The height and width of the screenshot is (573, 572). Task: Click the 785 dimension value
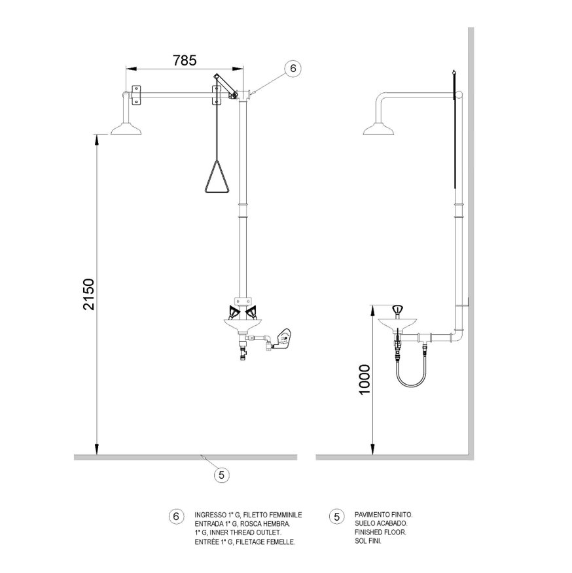pyautogui.click(x=185, y=60)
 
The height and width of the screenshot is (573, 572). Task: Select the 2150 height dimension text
pyautogui.click(x=88, y=294)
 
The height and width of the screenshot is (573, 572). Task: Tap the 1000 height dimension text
pyautogui.click(x=365, y=379)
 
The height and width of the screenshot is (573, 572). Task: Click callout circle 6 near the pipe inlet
pyautogui.click(x=293, y=68)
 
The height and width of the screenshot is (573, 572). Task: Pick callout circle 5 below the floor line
pyautogui.click(x=221, y=475)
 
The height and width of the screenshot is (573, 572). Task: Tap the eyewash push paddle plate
pyautogui.click(x=283, y=338)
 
